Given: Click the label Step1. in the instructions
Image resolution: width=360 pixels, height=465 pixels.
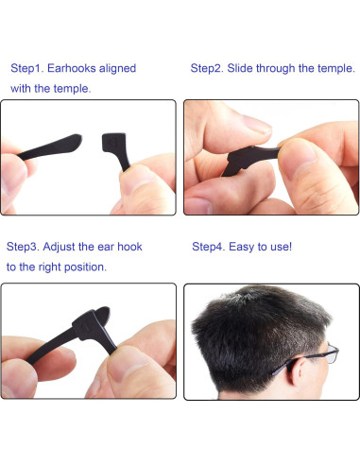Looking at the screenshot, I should tap(26, 68).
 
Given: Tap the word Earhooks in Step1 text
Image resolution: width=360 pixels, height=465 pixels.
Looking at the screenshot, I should tap(73, 68).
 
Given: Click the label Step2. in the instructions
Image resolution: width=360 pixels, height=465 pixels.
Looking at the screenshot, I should tap(208, 68).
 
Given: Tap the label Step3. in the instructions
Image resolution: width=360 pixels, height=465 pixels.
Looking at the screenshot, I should tap(24, 247).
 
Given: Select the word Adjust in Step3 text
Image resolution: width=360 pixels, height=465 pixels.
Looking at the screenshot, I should tap(65, 247).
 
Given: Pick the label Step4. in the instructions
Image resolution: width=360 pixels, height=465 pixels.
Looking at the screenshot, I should tap(209, 247).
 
